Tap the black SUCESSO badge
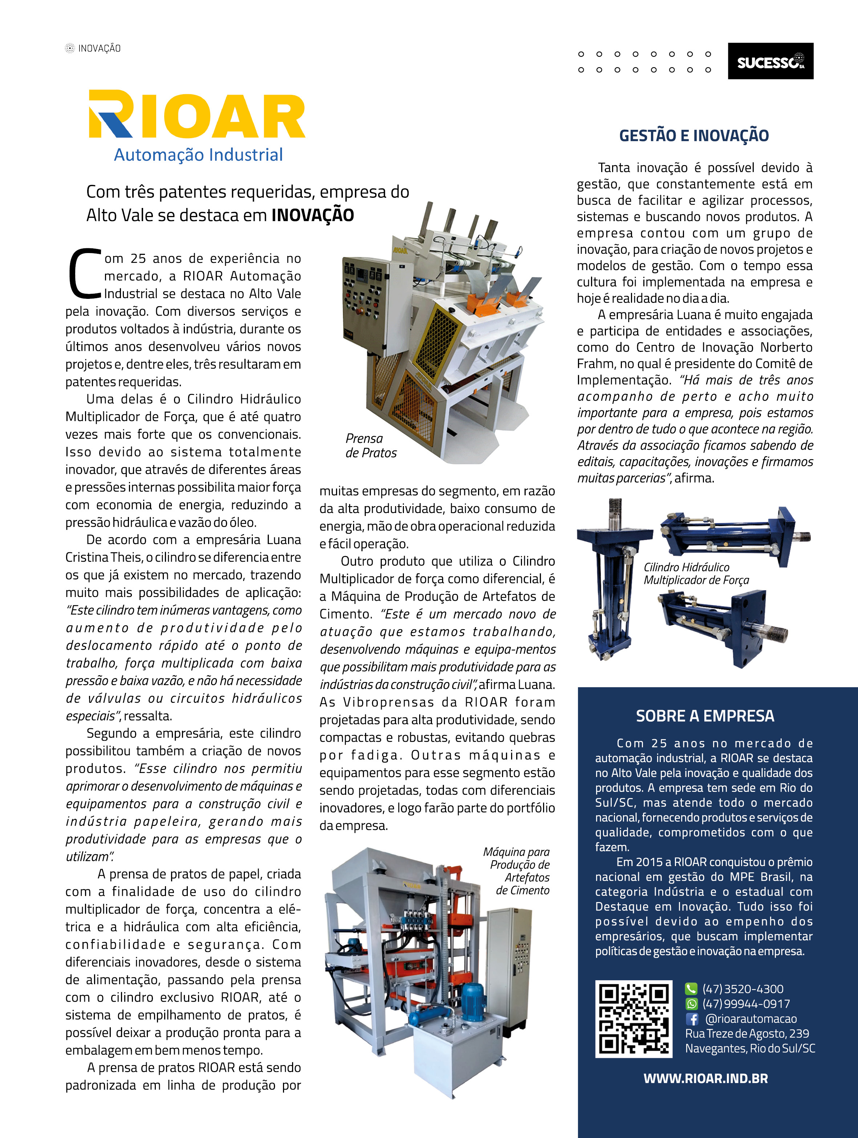pos(770,61)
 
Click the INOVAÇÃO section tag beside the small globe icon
pos(99,48)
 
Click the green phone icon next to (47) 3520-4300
pos(691,989)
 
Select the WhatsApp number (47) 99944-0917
pos(746,1004)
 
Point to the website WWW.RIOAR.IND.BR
pos(705,1079)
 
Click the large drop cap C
pos(85,274)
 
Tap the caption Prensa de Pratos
pos(371,445)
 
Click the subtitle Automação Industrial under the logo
pos(198,155)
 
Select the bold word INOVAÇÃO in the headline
pos(312,215)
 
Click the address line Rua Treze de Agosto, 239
pos(746,1034)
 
